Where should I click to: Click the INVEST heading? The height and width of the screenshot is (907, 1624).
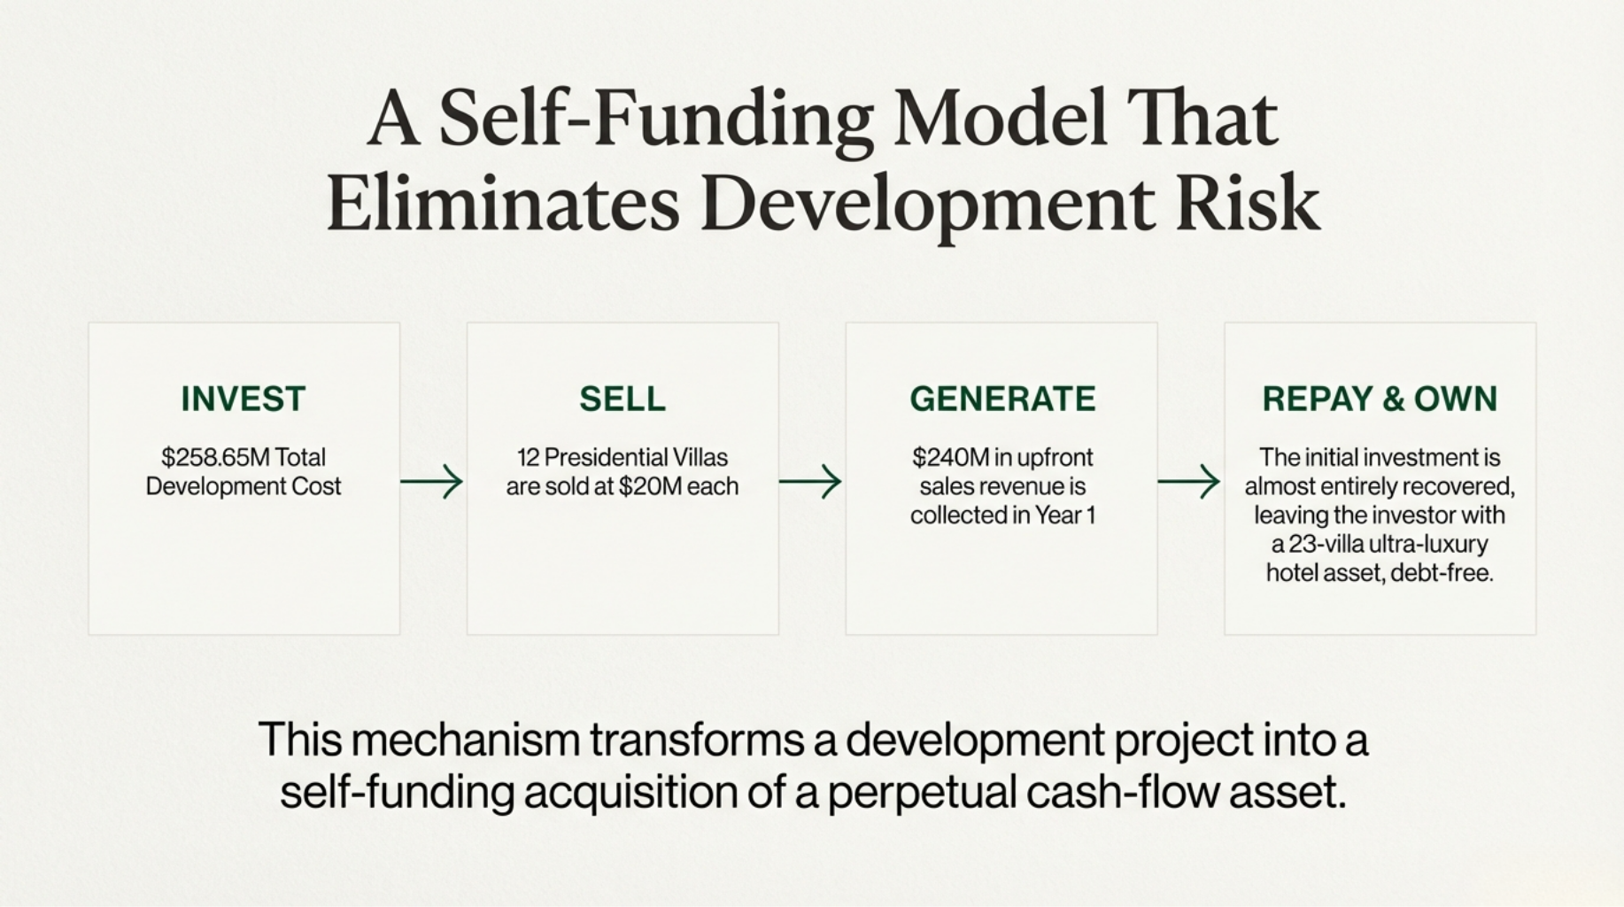[x=244, y=399]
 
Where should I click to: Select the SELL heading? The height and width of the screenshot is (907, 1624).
[x=623, y=399]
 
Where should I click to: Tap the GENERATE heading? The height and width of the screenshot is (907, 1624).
[x=1002, y=399]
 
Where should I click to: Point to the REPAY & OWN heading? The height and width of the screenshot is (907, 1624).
[x=1380, y=399]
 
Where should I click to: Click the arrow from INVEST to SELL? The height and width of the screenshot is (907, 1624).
[x=431, y=482]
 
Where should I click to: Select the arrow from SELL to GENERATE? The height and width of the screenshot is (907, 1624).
[x=810, y=482]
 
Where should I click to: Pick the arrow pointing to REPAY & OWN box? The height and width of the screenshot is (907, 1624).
[x=1189, y=482]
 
